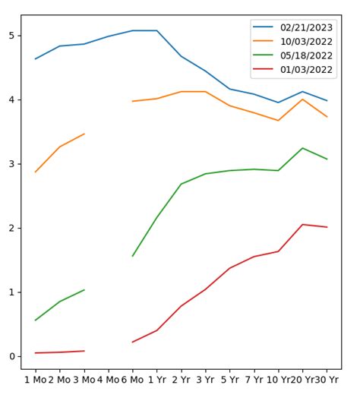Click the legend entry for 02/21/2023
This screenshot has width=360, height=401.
(306, 27)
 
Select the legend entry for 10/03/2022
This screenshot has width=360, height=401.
(306, 42)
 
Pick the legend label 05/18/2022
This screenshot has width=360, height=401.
(306, 55)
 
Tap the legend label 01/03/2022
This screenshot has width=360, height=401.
(306, 70)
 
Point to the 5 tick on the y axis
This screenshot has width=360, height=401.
(11, 36)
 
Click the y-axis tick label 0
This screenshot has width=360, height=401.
(11, 356)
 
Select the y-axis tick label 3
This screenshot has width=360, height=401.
(11, 164)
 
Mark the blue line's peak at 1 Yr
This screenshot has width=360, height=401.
(156, 30)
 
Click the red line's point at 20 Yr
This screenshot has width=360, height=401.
(302, 225)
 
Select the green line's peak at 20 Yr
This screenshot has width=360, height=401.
(302, 148)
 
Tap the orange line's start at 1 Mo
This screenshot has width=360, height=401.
(35, 172)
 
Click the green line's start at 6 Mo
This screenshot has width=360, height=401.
(132, 256)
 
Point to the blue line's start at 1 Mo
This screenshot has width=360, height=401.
(35, 58)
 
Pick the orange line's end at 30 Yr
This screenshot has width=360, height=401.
(327, 116)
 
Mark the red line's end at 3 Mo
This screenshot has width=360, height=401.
(84, 351)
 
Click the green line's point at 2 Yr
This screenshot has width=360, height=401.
(181, 184)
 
